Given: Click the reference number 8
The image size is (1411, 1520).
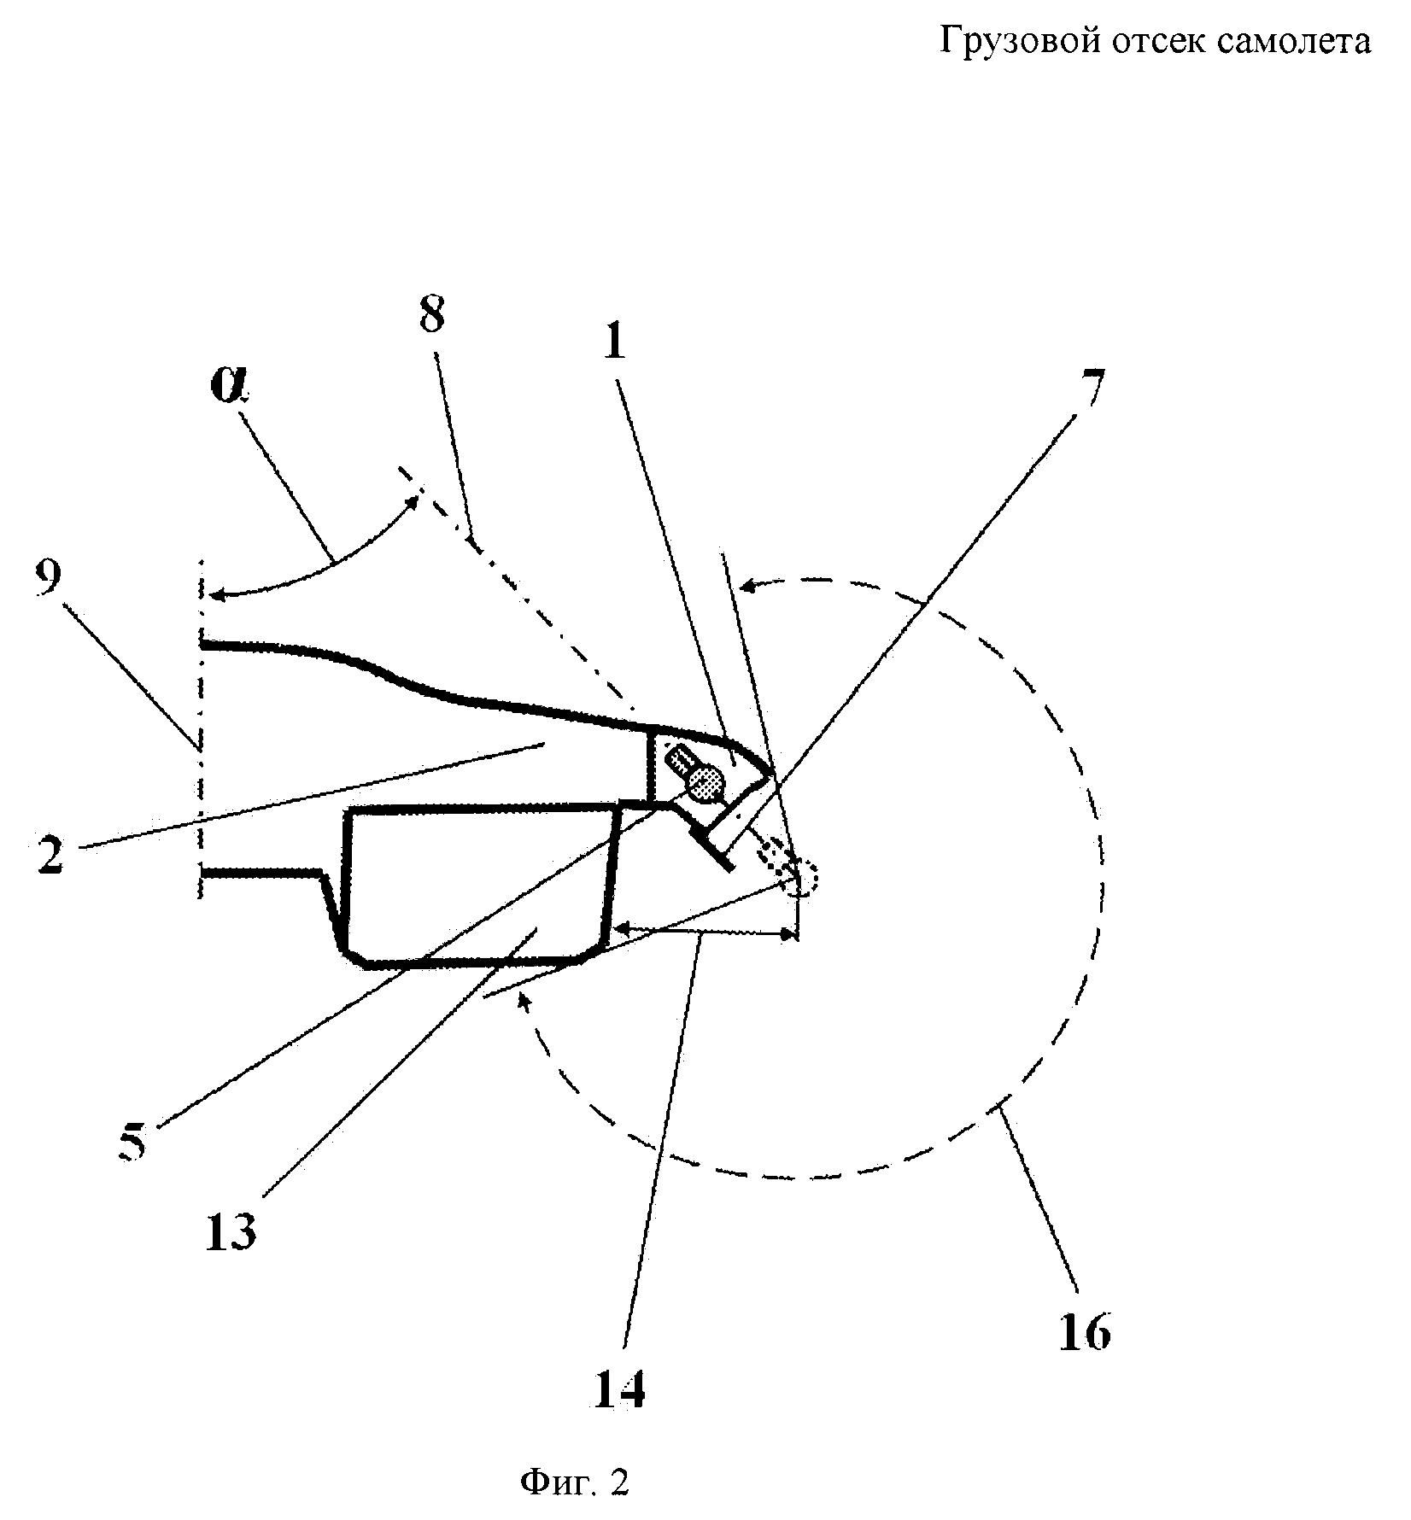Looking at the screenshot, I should (x=432, y=316).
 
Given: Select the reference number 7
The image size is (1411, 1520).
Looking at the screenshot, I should (x=1086, y=389).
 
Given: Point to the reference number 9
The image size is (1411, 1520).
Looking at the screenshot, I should (x=49, y=579).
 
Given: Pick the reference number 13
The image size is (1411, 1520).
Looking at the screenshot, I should (x=231, y=1231).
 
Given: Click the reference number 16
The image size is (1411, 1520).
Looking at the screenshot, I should (x=1085, y=1331).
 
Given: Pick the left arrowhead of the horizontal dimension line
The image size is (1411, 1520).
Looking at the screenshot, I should (x=620, y=927).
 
